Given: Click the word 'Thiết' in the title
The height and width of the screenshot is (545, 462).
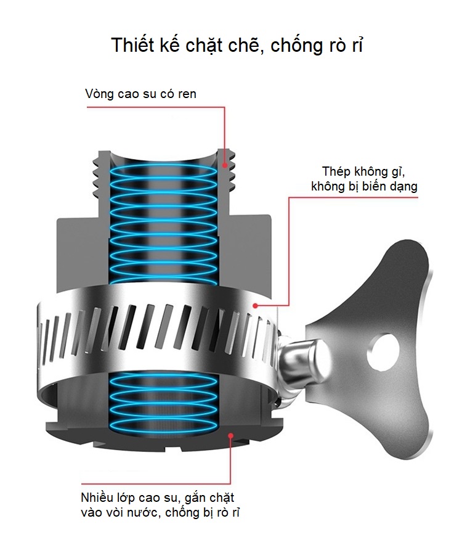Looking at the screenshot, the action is pos(133,45).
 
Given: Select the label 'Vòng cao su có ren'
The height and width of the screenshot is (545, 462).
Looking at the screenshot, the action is pos(140,94).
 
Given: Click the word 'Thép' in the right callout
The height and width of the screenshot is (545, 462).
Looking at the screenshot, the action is pos(336,171).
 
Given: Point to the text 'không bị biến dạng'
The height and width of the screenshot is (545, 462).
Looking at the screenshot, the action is pos(364,186).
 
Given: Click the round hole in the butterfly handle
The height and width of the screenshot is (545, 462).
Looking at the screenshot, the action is pos(383,352).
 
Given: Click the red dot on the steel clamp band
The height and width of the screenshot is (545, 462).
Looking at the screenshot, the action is pos(255,306).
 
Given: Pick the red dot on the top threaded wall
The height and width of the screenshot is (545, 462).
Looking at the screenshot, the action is pos(225,165).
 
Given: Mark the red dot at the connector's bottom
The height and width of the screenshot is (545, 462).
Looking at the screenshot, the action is pos(230,435).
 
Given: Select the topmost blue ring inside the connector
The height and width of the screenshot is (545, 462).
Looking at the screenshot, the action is pos(164,171).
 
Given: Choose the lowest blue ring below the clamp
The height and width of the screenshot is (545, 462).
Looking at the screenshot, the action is pos(164,425).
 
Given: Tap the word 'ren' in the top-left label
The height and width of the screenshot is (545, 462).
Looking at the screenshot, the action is pos(187,94).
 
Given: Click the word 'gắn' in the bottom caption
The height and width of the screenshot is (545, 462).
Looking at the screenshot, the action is pos(195,498).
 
